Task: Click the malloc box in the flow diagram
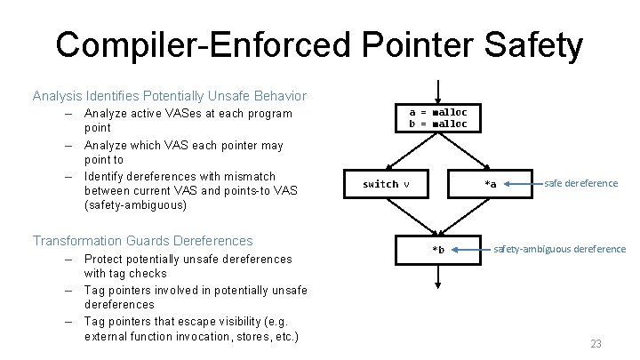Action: pos(437,117)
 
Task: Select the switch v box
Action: pos(387,184)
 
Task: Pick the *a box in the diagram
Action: pos(490,184)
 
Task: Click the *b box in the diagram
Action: pos(437,249)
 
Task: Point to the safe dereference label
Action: pos(581,183)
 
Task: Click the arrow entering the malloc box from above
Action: pos(437,91)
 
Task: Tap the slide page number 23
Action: pos(596,343)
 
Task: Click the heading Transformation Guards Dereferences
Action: pos(142,240)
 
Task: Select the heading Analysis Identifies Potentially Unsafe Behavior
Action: pos(169,95)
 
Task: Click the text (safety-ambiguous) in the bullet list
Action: pos(133,205)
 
